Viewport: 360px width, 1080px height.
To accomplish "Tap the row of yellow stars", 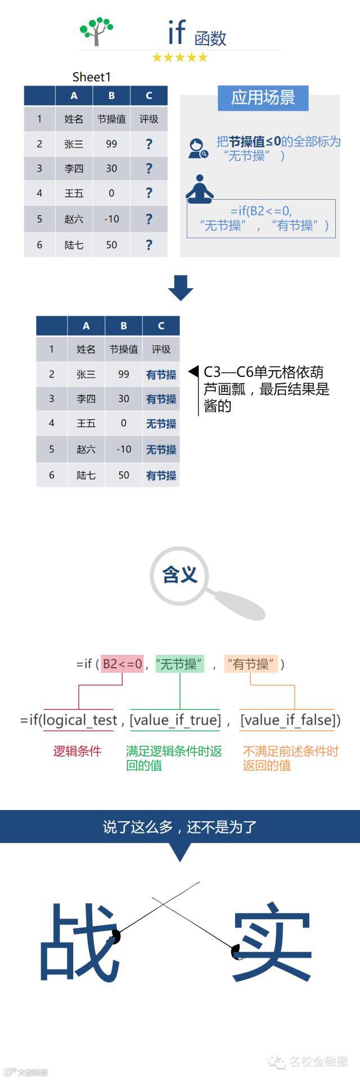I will pyautogui.click(x=179, y=57).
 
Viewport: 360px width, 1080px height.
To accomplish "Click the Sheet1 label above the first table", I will pyautogui.click(x=92, y=77).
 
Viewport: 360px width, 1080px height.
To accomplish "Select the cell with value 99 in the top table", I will pyautogui.click(x=111, y=144).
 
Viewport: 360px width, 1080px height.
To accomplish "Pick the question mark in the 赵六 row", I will pyautogui.click(x=148, y=219).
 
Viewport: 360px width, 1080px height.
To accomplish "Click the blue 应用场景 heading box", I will pyautogui.click(x=263, y=98).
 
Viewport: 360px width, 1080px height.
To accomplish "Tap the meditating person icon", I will pyautogui.click(x=199, y=190).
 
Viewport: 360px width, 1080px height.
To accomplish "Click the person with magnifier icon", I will pyautogui.click(x=197, y=148).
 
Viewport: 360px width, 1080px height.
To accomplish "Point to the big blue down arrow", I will pyautogui.click(x=180, y=287).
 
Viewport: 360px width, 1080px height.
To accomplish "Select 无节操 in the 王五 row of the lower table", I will pyautogui.click(x=161, y=424).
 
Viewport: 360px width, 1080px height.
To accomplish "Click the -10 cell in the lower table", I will pyautogui.click(x=123, y=449).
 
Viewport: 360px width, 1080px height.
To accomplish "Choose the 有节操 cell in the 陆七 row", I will pyautogui.click(x=161, y=475).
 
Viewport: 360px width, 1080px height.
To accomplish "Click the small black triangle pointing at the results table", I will pyautogui.click(x=193, y=371).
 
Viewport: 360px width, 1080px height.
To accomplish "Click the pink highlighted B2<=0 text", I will pyautogui.click(x=122, y=664).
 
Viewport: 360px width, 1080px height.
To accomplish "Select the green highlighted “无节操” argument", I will pyautogui.click(x=179, y=664).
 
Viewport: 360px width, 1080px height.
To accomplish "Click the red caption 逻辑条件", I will pyautogui.click(x=77, y=751).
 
